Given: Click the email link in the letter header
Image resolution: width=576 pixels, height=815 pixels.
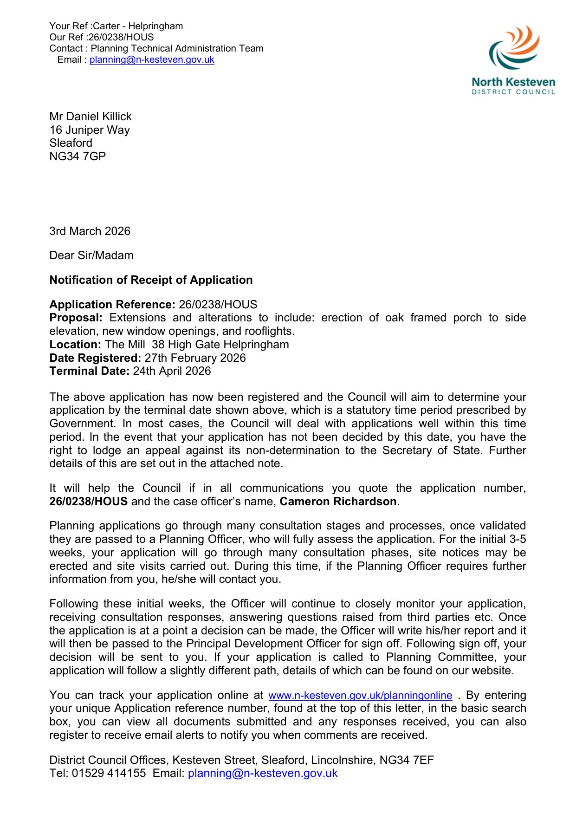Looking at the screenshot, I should point(152,59).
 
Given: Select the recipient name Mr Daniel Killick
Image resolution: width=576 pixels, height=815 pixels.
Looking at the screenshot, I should point(91,116).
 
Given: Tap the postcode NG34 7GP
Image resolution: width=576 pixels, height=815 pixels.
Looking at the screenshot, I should point(78,156).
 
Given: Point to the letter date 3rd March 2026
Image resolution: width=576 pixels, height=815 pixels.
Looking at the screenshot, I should point(90,231).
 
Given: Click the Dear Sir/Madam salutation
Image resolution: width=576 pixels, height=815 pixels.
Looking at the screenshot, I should point(91,255).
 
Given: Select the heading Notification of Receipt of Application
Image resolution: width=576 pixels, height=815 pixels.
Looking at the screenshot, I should point(151,280).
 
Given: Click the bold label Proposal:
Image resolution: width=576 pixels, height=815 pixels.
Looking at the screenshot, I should point(76,318).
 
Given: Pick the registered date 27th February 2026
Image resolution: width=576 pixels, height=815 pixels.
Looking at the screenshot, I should point(195,358).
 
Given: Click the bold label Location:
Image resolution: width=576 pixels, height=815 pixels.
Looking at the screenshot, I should point(75,345).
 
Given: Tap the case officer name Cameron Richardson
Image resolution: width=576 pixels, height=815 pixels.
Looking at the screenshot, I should point(338,502).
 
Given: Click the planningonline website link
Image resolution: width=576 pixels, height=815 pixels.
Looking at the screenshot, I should point(360,695).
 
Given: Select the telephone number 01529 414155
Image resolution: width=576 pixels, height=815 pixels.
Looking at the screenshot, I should point(109,773).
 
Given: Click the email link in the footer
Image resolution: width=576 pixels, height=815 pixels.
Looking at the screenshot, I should point(263,773).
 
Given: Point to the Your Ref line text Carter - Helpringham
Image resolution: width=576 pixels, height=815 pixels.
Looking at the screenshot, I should point(138,26).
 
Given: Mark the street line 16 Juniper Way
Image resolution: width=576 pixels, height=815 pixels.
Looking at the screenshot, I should point(90,130).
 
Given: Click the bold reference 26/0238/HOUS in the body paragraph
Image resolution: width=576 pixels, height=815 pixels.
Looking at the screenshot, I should point(88,502).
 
